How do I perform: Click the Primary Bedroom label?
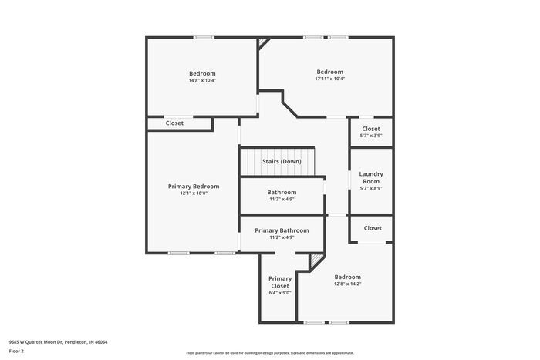click(x=194, y=186)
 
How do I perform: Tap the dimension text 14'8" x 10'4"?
click(x=202, y=80)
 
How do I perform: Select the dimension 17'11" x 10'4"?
click(x=329, y=79)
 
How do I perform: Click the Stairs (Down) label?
click(x=282, y=161)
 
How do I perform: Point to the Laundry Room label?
click(x=371, y=177)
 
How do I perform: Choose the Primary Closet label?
click(x=280, y=282)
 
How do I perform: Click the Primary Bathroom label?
click(x=282, y=230)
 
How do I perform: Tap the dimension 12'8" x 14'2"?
click(x=347, y=284)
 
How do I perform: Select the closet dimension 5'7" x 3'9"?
click(x=371, y=136)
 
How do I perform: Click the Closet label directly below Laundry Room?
click(x=373, y=228)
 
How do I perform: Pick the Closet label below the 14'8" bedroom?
click(x=174, y=123)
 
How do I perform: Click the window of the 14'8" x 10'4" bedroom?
click(x=204, y=37)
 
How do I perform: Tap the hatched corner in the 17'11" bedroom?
click(x=264, y=42)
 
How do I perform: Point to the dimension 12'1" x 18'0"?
click(x=194, y=193)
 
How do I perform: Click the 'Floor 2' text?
click(x=17, y=351)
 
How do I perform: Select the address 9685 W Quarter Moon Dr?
click(x=58, y=341)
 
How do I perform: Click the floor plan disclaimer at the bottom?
click(x=269, y=352)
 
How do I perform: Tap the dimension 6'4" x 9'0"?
click(x=280, y=293)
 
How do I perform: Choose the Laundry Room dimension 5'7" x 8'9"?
click(x=371, y=188)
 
